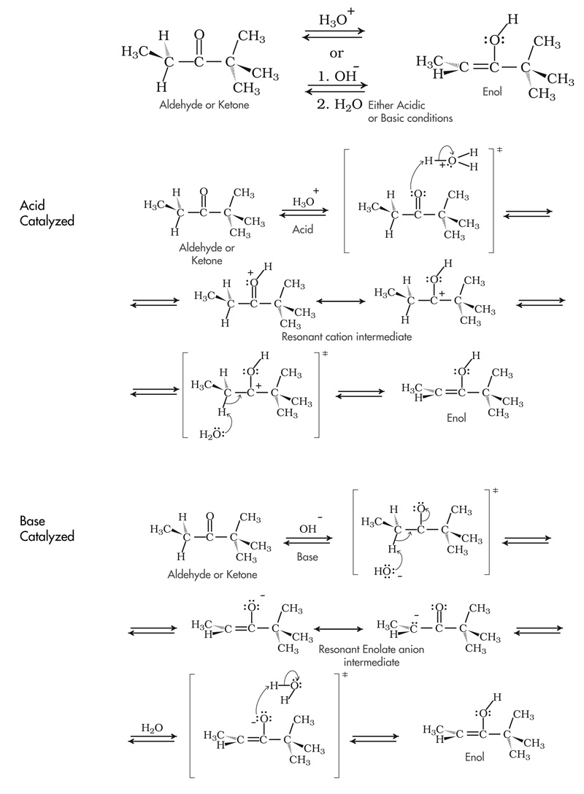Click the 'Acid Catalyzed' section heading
tap(47, 212)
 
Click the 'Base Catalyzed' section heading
tap(47, 528)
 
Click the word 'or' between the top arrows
tap(337, 53)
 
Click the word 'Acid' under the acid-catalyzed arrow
tap(302, 228)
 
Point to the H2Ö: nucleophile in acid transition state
tap(212, 436)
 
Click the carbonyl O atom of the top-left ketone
tap(200, 34)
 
